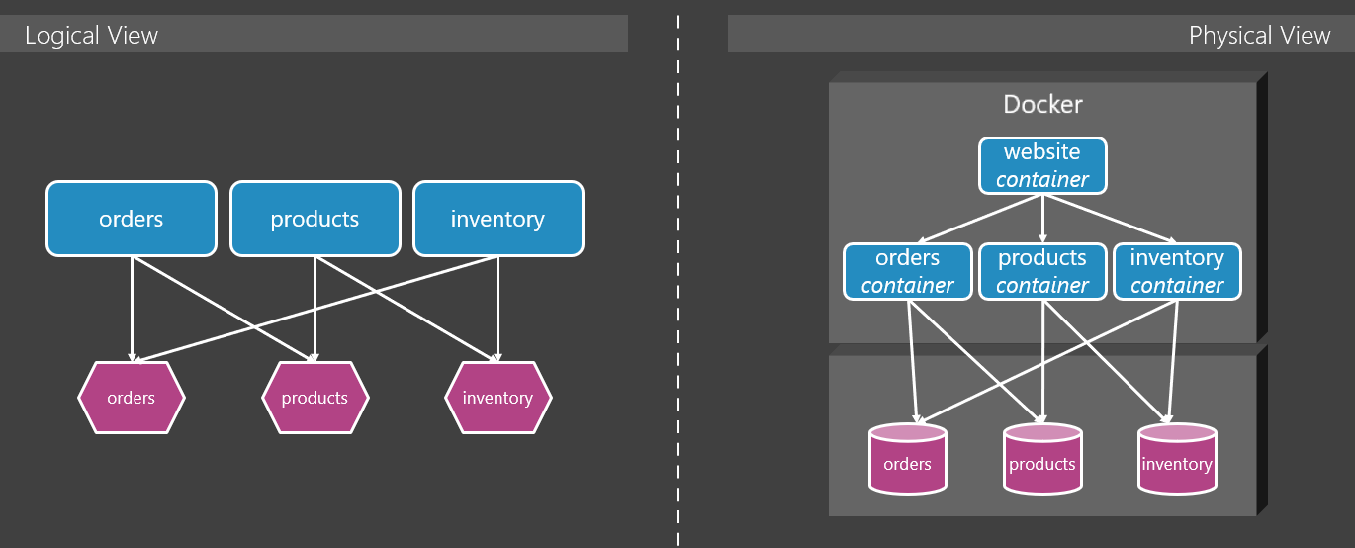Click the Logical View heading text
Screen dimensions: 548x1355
(91, 36)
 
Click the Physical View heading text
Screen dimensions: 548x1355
(1259, 36)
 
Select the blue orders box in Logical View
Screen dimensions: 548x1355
(131, 218)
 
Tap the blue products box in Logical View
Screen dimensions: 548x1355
(315, 218)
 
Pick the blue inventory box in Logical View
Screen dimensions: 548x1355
(497, 218)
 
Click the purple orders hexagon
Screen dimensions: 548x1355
(131, 398)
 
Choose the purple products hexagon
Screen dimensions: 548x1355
(315, 398)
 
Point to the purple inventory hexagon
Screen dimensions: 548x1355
(497, 398)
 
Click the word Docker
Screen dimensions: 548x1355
(1042, 104)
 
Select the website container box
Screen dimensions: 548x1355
(1042, 165)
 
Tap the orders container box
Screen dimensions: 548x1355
(907, 271)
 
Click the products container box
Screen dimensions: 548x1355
(1042, 271)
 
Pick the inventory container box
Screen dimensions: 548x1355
(1177, 271)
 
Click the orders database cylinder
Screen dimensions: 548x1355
(907, 460)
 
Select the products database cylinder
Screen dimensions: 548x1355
(1042, 460)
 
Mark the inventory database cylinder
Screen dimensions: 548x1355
(1177, 460)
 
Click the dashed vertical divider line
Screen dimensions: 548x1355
(678, 277)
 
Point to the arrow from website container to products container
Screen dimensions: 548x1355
(1042, 218)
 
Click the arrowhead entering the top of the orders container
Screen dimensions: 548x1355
(920, 240)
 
